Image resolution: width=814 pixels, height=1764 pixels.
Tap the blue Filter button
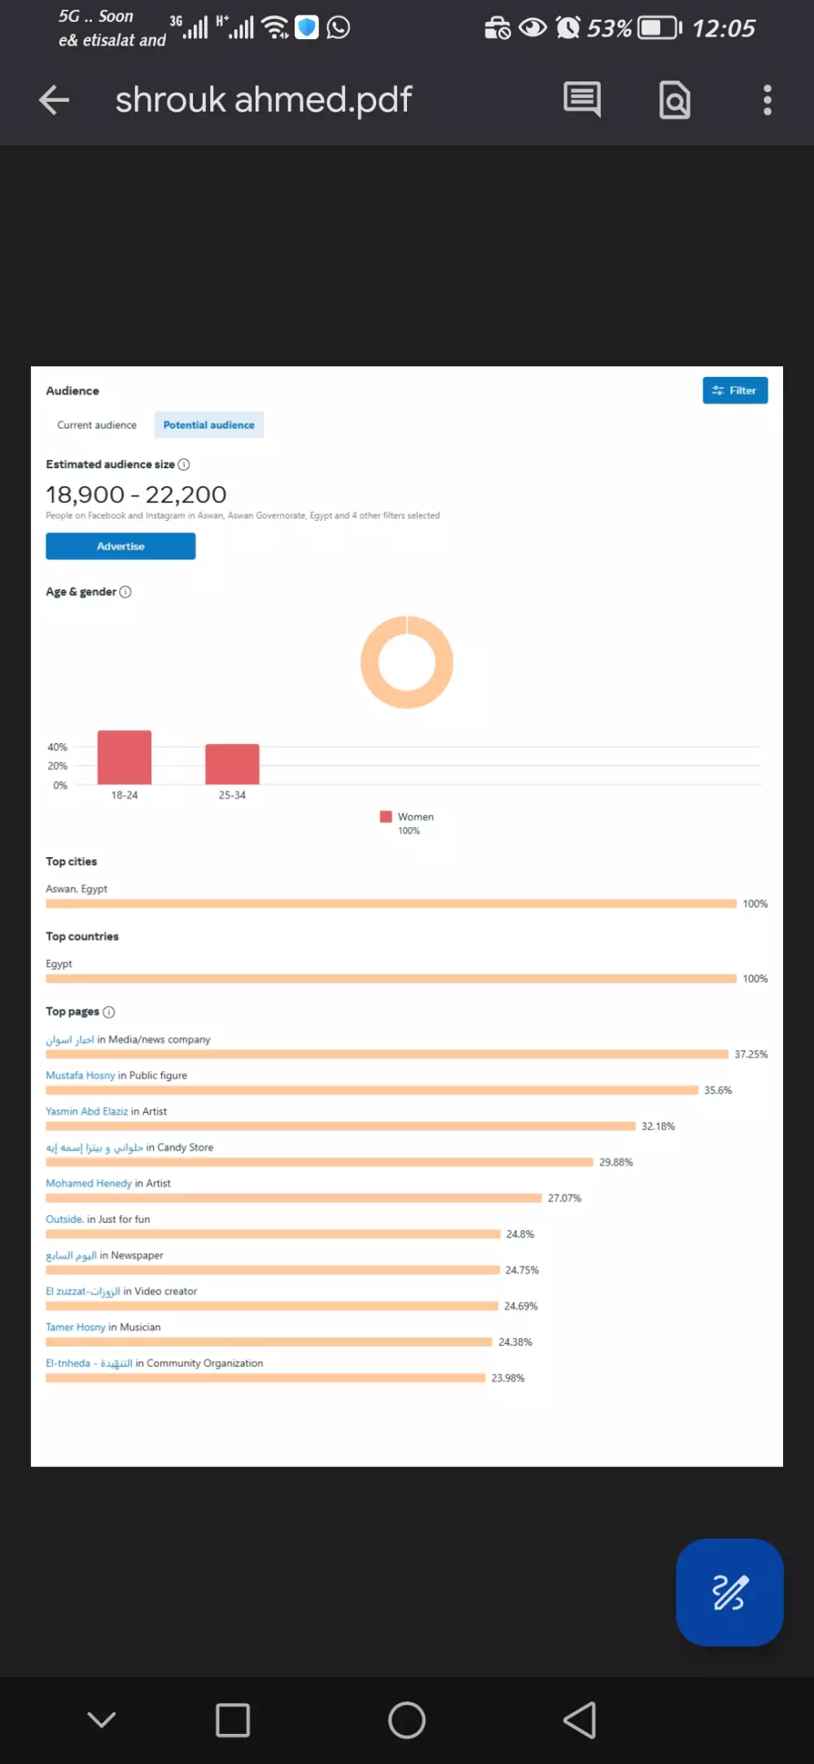pyautogui.click(x=735, y=391)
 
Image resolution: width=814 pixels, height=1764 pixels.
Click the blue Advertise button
pyautogui.click(x=120, y=546)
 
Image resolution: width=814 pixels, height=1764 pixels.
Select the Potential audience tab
pyautogui.click(x=208, y=425)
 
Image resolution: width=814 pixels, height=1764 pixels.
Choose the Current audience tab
pyautogui.click(x=97, y=425)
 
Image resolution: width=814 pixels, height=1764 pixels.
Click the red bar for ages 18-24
pyautogui.click(x=125, y=757)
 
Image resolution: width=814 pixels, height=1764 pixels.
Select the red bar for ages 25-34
pyautogui.click(x=232, y=764)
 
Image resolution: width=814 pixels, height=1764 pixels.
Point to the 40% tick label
pyautogui.click(x=57, y=746)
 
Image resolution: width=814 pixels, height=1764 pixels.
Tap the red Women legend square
pyautogui.click(x=386, y=816)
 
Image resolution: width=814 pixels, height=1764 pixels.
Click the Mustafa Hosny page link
pyautogui.click(x=81, y=1075)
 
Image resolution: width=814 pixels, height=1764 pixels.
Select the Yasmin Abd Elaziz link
pyautogui.click(x=86, y=1111)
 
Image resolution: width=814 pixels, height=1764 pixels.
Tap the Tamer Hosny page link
pyautogui.click(x=76, y=1327)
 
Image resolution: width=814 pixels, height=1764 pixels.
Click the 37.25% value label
pyautogui.click(x=751, y=1054)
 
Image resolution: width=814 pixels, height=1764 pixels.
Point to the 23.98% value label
pyautogui.click(x=508, y=1378)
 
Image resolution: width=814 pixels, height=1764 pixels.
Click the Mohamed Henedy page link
pyautogui.click(x=89, y=1183)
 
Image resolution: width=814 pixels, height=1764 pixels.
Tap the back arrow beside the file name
pyautogui.click(x=55, y=100)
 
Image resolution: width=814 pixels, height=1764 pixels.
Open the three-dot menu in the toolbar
pyautogui.click(x=767, y=100)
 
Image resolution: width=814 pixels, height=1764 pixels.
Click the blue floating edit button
pyautogui.click(x=729, y=1592)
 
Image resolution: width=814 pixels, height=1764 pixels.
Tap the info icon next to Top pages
pyautogui.click(x=109, y=1012)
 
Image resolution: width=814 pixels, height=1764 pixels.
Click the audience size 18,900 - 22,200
pyautogui.click(x=136, y=494)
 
